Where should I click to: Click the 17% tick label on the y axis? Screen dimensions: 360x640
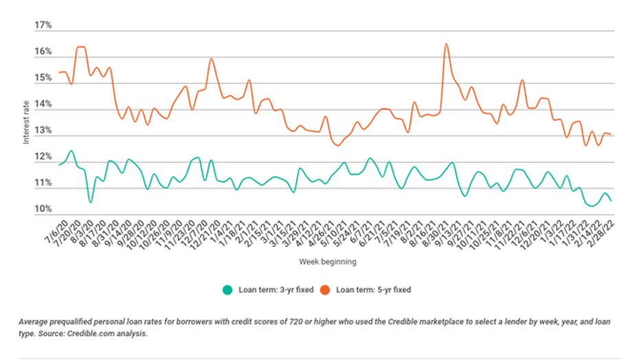[x=43, y=25]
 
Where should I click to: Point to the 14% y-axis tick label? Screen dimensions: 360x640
[x=43, y=104]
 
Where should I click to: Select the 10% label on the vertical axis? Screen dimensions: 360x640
[x=43, y=209]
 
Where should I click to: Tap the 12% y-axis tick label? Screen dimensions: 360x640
[x=43, y=157]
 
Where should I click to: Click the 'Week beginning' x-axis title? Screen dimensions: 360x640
[x=328, y=262]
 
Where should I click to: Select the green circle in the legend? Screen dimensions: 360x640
[x=227, y=289]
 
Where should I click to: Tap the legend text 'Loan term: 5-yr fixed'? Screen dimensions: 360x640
[x=374, y=289]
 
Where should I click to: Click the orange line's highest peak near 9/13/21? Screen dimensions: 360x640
[x=446, y=44]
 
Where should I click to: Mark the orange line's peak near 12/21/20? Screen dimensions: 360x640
[x=211, y=58]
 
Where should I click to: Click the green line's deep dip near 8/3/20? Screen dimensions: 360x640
[x=90, y=202]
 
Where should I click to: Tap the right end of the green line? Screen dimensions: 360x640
[x=611, y=201]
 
